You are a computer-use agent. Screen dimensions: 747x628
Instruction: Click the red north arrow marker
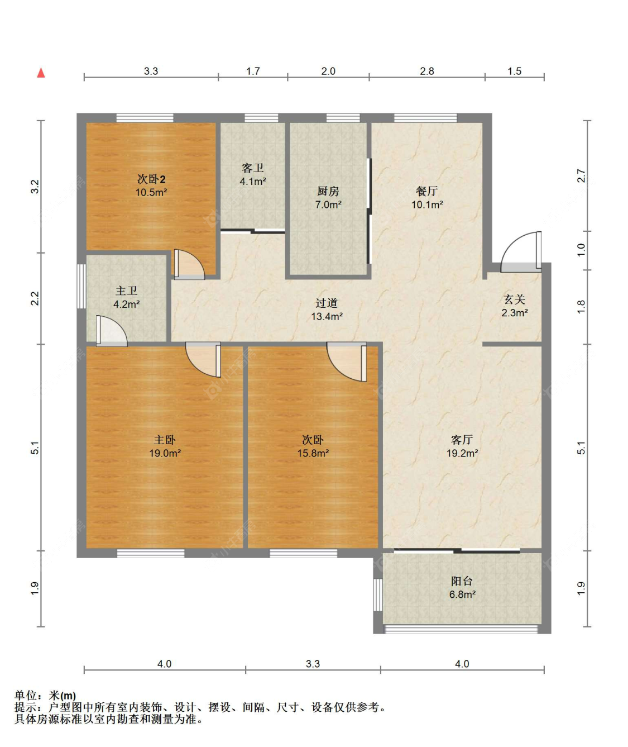pos(41,73)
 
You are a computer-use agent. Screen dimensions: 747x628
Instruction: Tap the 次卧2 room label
pos(151,179)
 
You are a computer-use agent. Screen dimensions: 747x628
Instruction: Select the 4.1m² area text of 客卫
pos(253,182)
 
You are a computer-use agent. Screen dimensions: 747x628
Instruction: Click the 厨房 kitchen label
pos(328,191)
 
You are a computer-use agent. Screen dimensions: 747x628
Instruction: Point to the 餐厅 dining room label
pos(427,191)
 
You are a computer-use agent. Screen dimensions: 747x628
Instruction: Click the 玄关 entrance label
pos(514,299)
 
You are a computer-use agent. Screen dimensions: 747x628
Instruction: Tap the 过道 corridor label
pos(327,303)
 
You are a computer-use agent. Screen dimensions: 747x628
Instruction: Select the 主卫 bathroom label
pos(126,291)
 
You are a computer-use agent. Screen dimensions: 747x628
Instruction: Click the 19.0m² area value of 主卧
pos(165,453)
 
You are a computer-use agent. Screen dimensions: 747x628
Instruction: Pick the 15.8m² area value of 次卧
pos(313,453)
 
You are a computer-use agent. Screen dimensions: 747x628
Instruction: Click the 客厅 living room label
pos(462,440)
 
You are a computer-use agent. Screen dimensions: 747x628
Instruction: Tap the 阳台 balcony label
pos(462,581)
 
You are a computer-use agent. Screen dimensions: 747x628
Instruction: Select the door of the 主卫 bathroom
pos(111,332)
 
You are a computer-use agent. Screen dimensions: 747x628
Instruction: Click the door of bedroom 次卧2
pos(189,264)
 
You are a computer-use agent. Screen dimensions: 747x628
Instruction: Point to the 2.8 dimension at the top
pos(427,71)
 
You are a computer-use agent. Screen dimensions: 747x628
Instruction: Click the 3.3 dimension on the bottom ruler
pos(313,664)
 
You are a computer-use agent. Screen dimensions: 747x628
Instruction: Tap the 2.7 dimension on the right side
pos(581,175)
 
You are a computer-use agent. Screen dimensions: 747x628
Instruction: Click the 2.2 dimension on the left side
pos(35,298)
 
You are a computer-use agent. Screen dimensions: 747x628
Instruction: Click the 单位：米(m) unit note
pos(45,696)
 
